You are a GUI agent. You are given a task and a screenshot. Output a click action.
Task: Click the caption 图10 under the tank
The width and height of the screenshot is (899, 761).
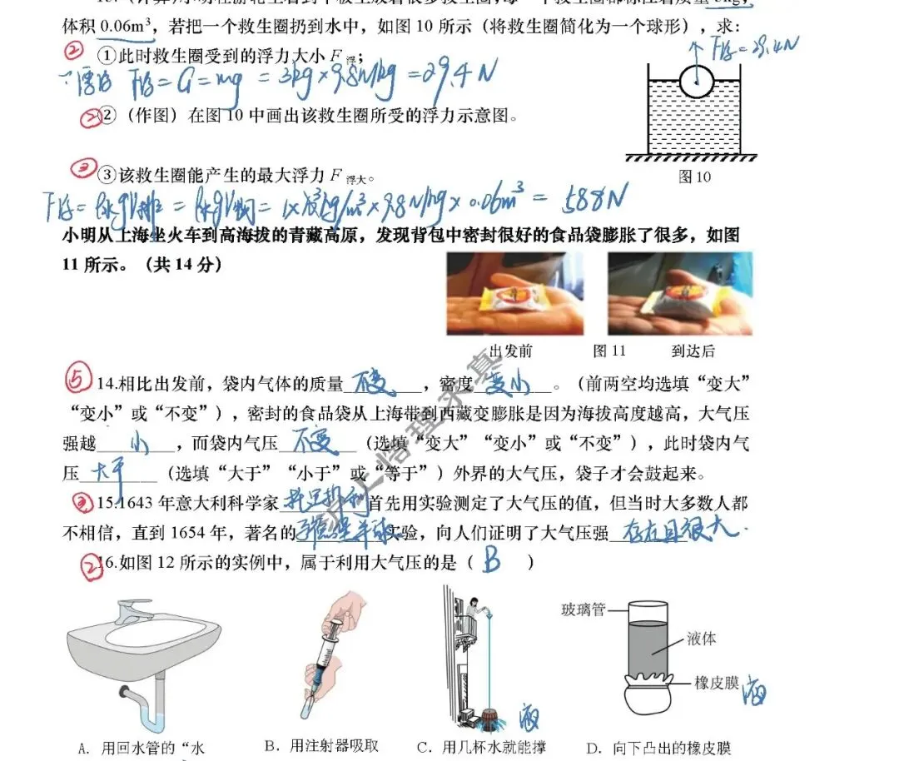695,177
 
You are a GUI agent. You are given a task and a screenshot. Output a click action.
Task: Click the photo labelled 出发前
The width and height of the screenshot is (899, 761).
514,293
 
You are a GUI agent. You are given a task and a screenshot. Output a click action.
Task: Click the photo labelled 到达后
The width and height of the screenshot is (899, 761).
679,293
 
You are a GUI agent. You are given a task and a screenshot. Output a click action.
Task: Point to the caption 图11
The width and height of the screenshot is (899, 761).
608,351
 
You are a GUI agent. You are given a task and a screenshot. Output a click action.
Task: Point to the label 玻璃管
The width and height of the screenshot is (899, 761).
583,609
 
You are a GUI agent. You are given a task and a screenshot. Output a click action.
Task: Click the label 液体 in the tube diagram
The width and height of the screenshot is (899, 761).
703,639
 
